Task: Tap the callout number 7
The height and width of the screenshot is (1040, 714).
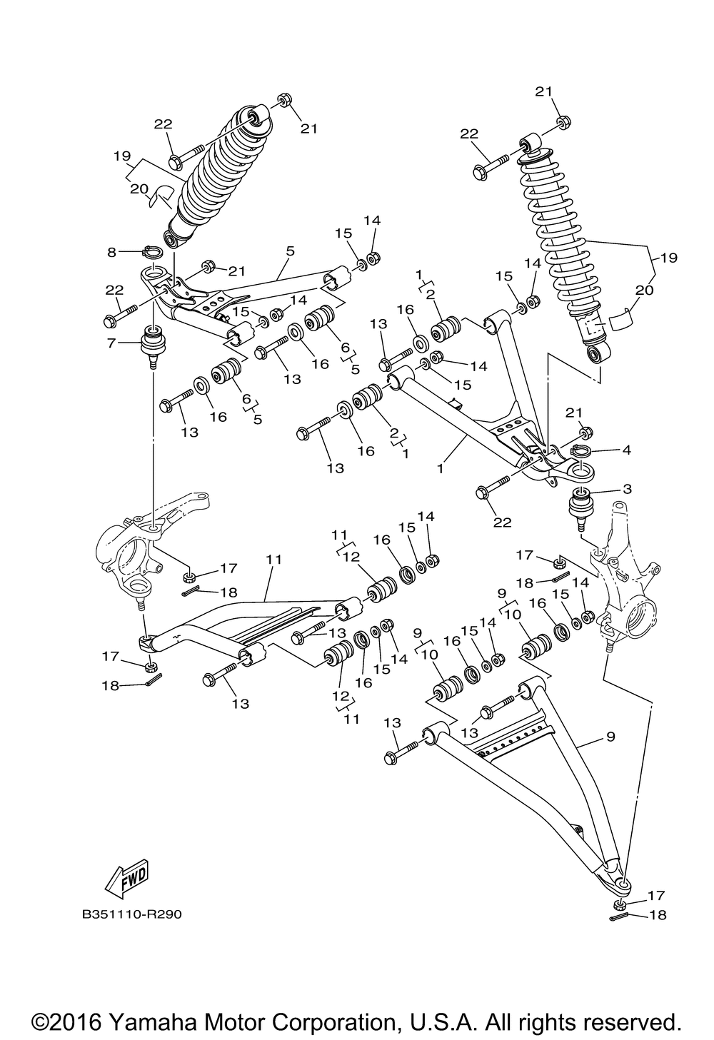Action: coord(111,344)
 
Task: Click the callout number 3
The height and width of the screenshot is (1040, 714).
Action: coord(627,489)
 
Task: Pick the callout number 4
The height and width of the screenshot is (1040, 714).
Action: coord(627,450)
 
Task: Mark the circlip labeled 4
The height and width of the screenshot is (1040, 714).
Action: coord(583,450)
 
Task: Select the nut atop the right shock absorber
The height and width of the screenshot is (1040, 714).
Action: coord(562,122)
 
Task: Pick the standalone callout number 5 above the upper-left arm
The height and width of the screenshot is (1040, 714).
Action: coord(290,251)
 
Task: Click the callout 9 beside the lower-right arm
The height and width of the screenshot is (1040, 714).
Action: coord(610,736)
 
